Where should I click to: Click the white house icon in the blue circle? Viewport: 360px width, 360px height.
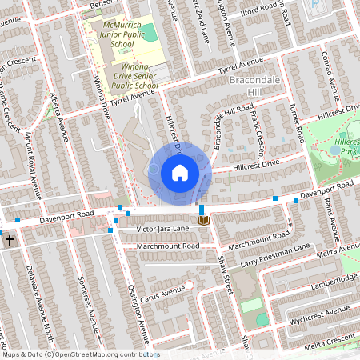coord(180,172)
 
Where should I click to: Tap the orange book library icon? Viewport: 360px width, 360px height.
coord(203,219)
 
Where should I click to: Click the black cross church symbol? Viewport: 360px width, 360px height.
coord(9,239)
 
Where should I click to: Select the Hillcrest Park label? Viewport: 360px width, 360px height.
coord(347,146)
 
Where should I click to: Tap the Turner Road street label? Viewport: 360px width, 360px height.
coord(296,121)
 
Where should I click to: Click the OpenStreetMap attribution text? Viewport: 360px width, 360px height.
coord(80,354)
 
